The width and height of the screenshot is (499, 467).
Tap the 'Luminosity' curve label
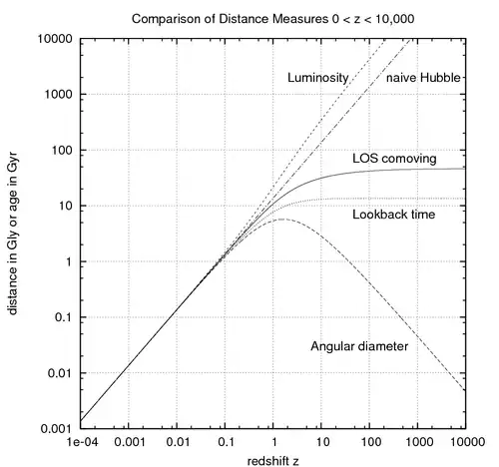tap(316, 77)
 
